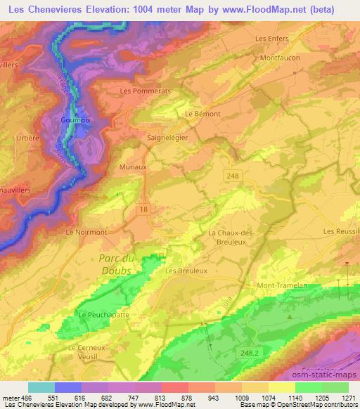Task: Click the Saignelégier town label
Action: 167,138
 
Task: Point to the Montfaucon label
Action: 280,58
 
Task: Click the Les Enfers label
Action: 271,39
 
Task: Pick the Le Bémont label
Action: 202,113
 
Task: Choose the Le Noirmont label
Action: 85,231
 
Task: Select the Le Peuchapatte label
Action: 98,315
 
